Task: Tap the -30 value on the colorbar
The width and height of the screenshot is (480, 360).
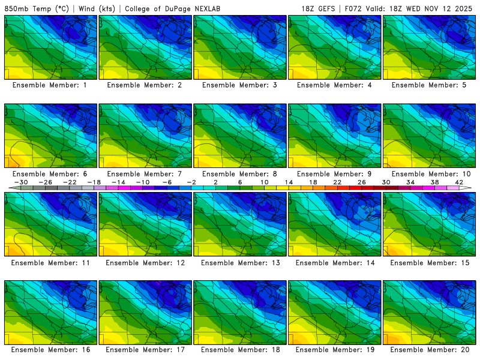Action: click(x=21, y=182)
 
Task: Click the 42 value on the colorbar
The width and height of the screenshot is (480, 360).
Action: click(x=459, y=182)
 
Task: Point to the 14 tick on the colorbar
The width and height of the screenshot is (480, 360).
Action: click(x=289, y=182)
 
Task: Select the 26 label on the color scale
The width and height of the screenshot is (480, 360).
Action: click(x=362, y=182)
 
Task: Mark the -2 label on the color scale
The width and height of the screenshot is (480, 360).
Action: click(x=191, y=182)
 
